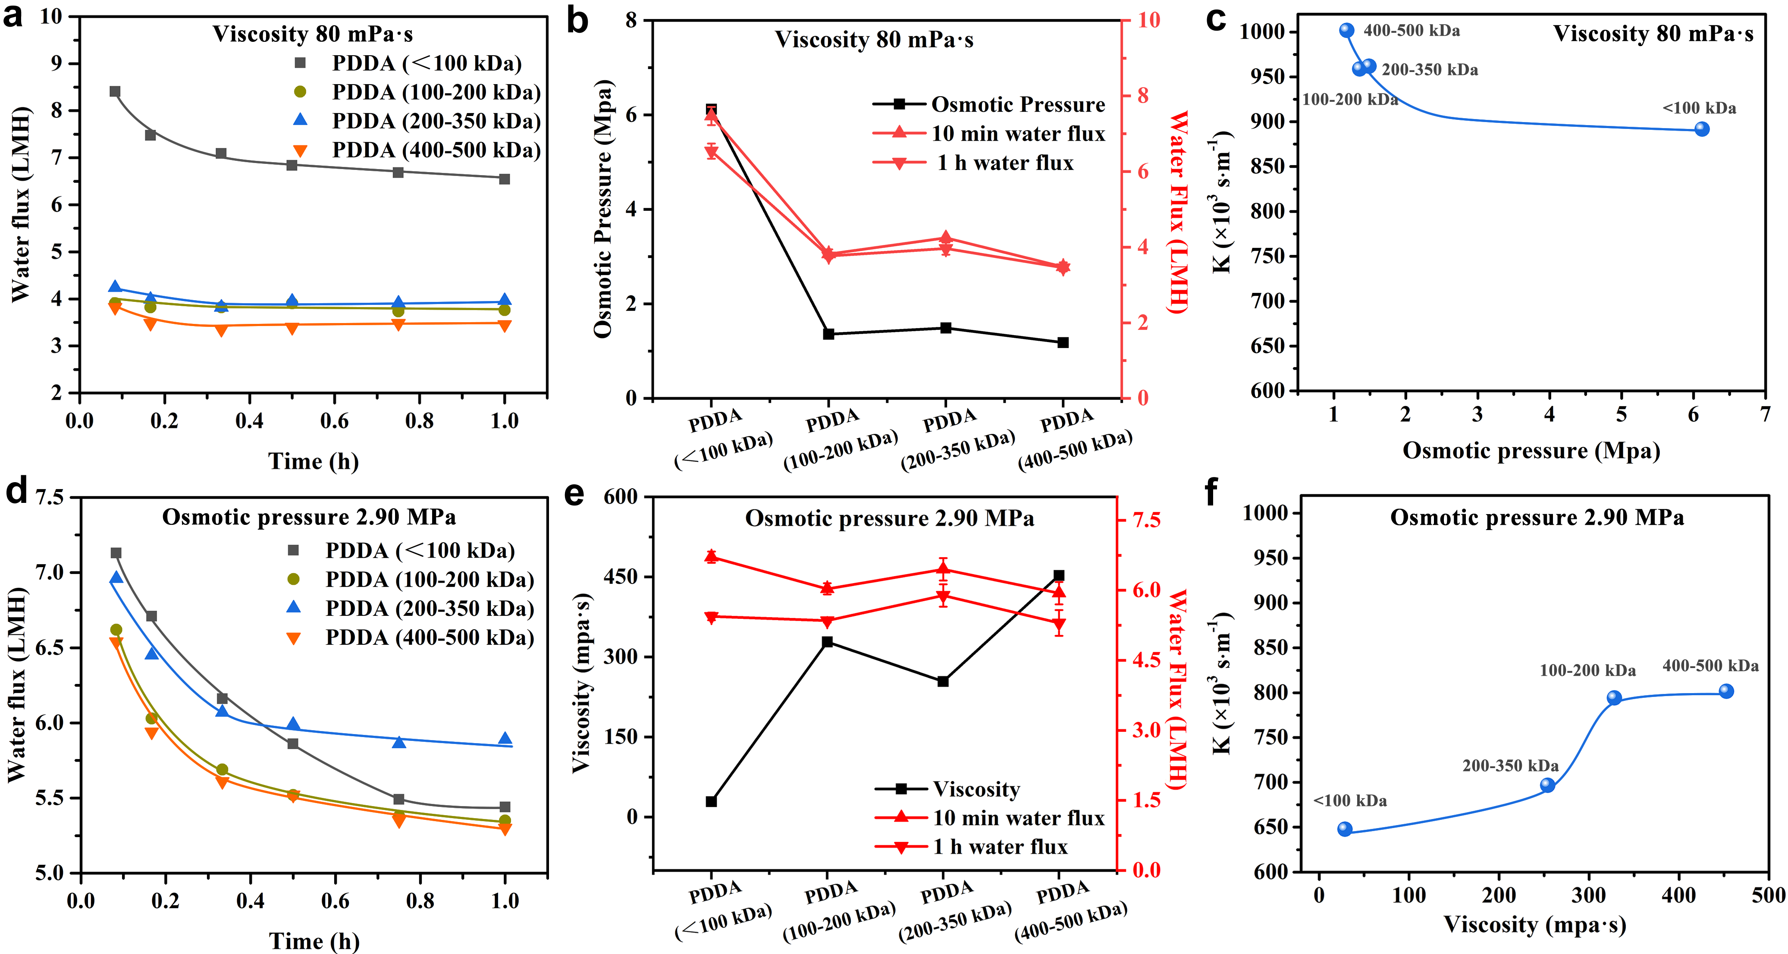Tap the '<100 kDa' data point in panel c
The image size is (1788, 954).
click(x=1701, y=129)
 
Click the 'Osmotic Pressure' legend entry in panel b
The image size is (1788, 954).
click(x=989, y=105)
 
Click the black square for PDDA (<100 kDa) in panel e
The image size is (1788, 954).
click(x=711, y=801)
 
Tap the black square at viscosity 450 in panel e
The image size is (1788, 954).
click(x=1058, y=576)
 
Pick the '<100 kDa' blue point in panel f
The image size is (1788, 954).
click(x=1345, y=829)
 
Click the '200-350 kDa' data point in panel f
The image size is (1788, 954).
click(x=1547, y=785)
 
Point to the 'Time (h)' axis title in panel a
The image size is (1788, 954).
click(x=313, y=461)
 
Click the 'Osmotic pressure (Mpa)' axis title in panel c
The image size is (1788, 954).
click(x=1531, y=451)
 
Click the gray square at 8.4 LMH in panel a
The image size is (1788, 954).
click(x=115, y=92)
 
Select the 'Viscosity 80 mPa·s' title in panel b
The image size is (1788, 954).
click(x=874, y=40)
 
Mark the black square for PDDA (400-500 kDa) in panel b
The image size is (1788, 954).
click(x=1063, y=342)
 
